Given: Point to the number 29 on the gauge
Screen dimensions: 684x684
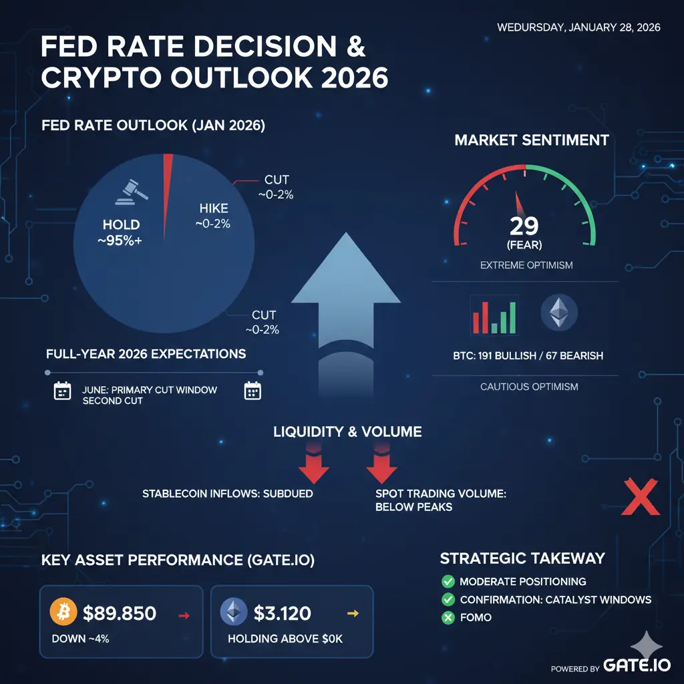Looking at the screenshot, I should (524, 226).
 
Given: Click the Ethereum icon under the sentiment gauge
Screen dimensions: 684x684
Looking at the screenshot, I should (558, 313).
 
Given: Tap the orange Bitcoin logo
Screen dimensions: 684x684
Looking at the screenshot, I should (64, 611).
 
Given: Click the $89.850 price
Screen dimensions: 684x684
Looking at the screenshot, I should (120, 612).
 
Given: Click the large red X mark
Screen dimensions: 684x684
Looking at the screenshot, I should (640, 497).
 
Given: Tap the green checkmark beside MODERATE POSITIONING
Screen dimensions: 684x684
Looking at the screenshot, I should (448, 582).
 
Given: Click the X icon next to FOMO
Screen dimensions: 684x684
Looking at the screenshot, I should (448, 618).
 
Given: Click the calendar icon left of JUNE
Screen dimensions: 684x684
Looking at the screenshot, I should (62, 391).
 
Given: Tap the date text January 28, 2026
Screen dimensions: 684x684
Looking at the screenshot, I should (578, 27).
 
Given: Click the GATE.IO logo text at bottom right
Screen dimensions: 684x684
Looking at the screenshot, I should (633, 665).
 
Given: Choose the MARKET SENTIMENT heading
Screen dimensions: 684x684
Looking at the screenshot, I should (532, 140).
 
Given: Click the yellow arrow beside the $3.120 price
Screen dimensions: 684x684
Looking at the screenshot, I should (354, 613).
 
